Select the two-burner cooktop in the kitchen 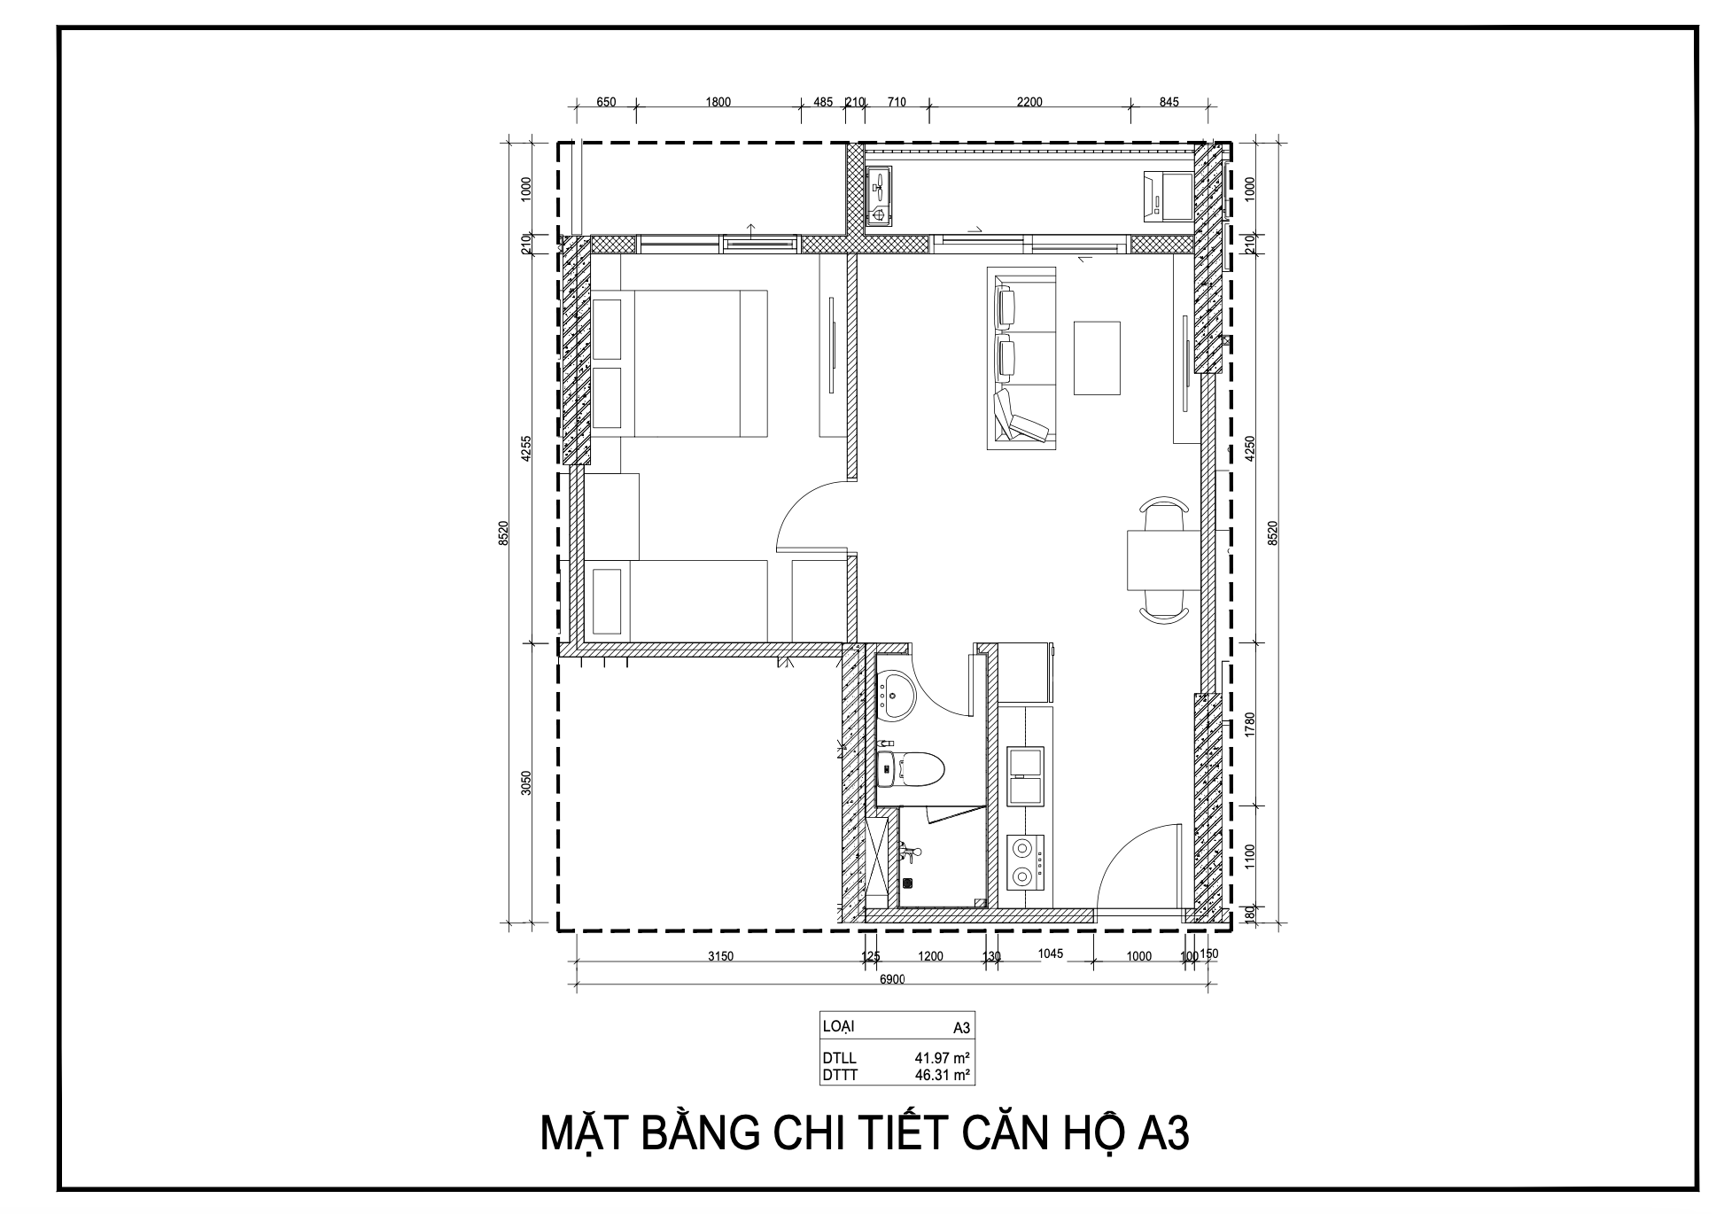pos(1026,860)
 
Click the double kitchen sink pos(1026,775)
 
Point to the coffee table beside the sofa pos(1097,357)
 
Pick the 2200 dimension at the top pos(1029,102)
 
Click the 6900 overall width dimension pos(892,979)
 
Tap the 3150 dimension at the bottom pos(720,956)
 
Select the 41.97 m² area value pos(943,1057)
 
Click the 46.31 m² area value pos(943,1075)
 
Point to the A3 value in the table pos(961,1028)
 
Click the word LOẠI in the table pos(838,1026)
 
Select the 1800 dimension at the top pos(718,102)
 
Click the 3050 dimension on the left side pos(525,783)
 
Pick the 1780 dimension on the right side pos(1250,724)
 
